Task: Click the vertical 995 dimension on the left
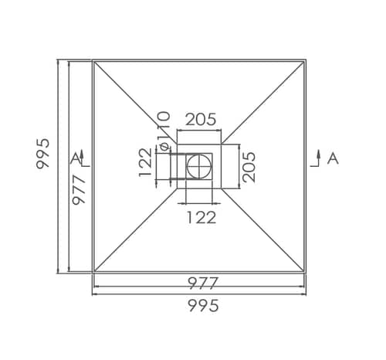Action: (42, 154)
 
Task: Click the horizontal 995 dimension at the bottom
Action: (203, 306)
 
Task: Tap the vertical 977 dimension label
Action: (79, 189)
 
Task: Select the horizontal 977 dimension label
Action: (203, 283)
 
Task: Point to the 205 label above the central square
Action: (201, 119)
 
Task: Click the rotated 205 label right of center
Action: (249, 167)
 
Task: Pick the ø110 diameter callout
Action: (164, 131)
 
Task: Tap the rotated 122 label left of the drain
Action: (145, 162)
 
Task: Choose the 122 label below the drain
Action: (201, 217)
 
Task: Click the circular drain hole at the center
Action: (199, 166)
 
